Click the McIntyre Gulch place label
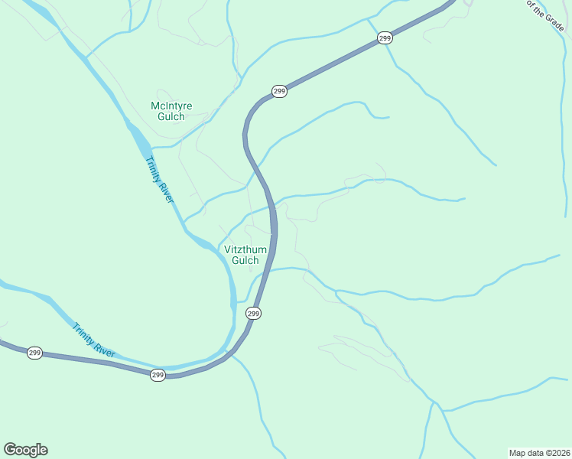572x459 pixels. coord(171,111)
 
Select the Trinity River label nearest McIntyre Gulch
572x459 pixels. coord(160,179)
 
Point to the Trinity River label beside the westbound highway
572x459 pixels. coord(93,340)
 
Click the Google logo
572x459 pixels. coord(25,450)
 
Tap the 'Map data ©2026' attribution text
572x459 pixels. coord(539,452)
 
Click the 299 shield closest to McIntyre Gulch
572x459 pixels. coord(279,92)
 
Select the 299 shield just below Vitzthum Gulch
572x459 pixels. coord(254,314)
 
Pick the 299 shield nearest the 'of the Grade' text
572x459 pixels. coord(385,37)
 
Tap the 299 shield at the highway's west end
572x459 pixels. coord(34,353)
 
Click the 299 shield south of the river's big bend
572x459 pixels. coord(158,375)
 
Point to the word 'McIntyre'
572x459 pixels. coord(171,106)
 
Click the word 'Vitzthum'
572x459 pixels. coord(245,249)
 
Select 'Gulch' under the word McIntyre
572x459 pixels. coord(171,117)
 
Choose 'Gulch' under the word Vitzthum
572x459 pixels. coord(245,261)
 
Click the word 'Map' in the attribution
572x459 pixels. coord(518,452)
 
